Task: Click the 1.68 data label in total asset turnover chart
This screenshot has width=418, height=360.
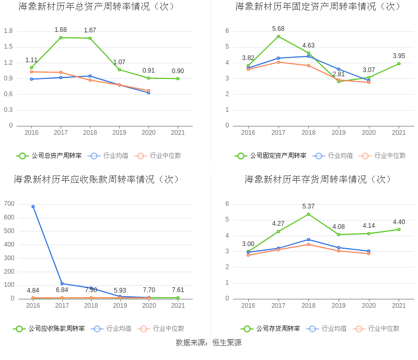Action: point(61,30)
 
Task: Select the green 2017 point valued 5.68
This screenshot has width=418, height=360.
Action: point(278,36)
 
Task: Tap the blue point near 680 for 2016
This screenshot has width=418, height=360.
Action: point(33,206)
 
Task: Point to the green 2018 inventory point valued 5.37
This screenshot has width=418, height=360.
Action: point(308,214)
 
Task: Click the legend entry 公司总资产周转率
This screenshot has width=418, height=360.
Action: point(50,156)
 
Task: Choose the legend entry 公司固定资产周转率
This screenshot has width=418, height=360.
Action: point(271,156)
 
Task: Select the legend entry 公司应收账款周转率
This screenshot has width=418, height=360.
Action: point(50,329)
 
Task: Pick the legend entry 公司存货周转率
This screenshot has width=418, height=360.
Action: point(271,329)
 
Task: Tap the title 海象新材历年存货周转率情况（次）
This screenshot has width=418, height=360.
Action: point(318,179)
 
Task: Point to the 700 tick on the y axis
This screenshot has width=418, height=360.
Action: point(9,204)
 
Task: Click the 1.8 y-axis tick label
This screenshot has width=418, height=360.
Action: point(8,31)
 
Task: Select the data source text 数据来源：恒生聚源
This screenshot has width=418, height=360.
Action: point(208,343)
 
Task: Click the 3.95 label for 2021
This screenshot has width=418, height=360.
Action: point(399,56)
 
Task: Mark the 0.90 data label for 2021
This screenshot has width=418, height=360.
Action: point(178,71)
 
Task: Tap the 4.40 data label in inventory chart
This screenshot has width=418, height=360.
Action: point(399,222)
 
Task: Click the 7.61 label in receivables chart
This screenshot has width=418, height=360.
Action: point(178,291)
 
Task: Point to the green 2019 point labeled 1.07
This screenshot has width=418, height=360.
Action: point(119,69)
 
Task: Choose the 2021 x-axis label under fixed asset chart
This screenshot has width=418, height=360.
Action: point(399,133)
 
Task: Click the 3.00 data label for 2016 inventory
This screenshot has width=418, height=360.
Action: point(248,244)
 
